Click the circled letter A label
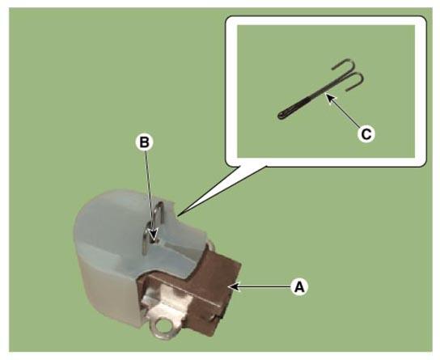299,287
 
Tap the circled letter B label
145,142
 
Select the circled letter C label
366,134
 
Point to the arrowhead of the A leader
234,286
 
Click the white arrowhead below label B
153,234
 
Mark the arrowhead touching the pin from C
329,98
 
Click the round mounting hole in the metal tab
163,326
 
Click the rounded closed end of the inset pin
281,116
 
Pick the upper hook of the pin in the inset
344,65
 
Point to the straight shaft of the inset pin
310,99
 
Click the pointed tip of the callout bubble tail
178,215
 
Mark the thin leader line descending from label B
149,191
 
